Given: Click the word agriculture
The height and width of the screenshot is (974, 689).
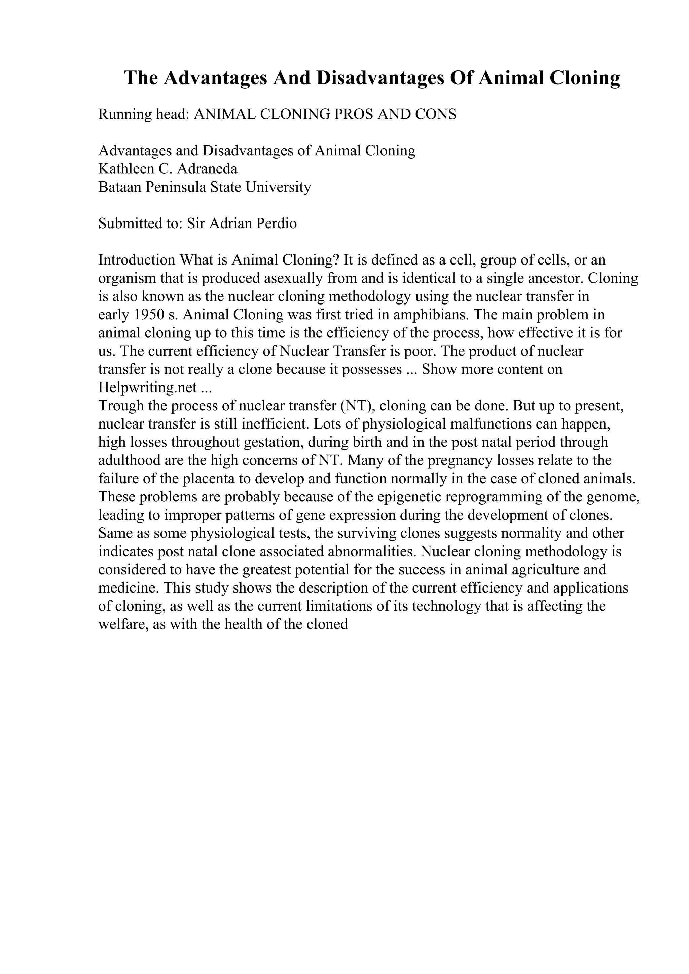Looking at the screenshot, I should point(546,570).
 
